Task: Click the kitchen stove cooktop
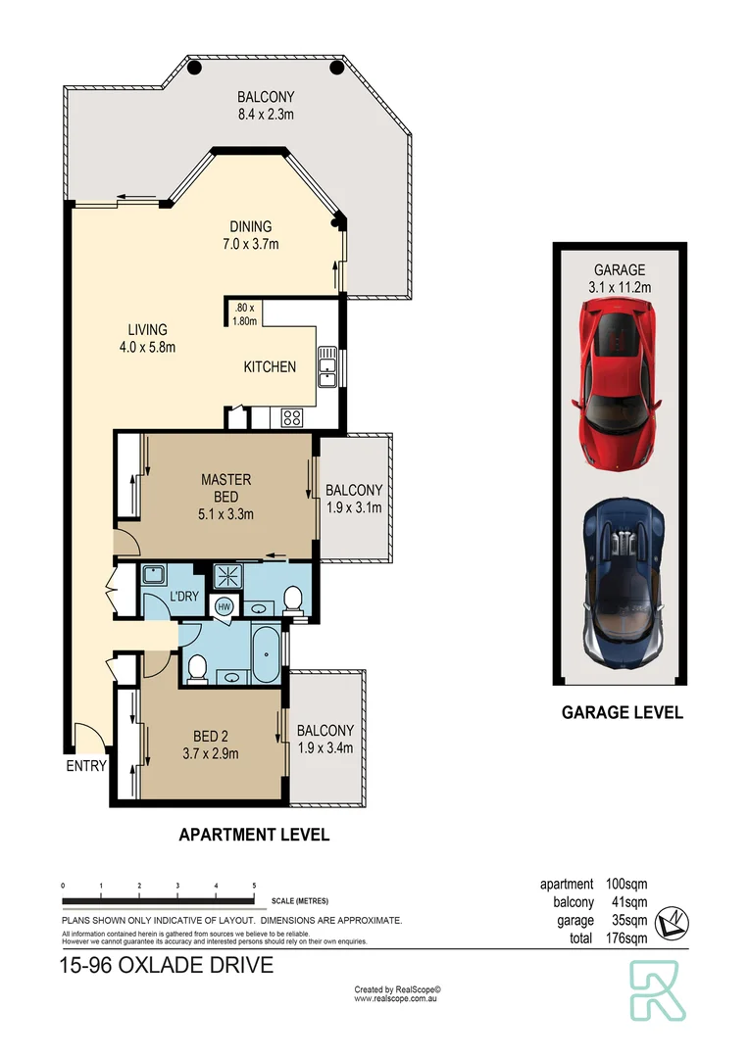tap(292, 417)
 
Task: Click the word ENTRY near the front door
tap(86, 766)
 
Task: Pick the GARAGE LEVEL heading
tap(622, 713)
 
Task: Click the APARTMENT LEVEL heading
tap(253, 836)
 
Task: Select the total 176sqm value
tap(623, 938)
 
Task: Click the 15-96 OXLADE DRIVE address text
tap(166, 966)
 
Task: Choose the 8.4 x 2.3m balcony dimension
tap(266, 115)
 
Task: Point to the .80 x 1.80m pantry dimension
tap(245, 313)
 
